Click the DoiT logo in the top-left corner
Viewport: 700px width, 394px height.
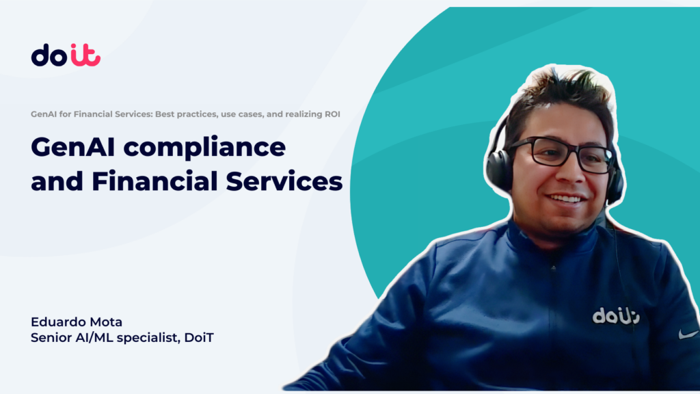click(66, 55)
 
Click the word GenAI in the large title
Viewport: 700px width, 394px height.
click(72, 147)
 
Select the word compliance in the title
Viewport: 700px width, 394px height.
click(204, 148)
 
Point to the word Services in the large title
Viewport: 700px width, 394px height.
click(284, 181)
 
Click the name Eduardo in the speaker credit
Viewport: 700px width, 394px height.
click(58, 321)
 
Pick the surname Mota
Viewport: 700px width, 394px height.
click(106, 321)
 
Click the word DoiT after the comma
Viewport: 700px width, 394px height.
click(199, 337)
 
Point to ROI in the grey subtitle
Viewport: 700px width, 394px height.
click(332, 114)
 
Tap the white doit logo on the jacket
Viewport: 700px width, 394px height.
click(616, 316)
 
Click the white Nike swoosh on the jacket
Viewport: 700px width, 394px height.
click(688, 334)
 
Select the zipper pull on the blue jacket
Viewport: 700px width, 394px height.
click(553, 267)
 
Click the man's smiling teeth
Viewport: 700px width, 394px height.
click(565, 199)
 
